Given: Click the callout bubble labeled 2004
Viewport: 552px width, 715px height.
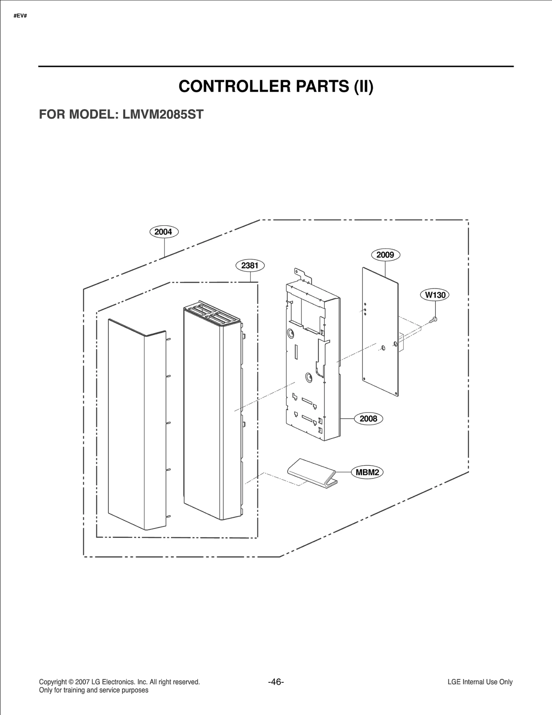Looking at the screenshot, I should pos(164,232).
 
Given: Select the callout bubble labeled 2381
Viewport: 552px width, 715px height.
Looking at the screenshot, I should pos(250,265).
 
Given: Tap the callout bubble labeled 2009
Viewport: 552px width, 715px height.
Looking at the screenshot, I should pos(385,255).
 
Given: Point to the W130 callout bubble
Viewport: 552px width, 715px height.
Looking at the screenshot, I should pos(435,295).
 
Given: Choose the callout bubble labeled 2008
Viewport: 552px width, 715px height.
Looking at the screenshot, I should pos(368,419).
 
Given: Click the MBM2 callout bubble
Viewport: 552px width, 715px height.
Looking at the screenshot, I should pos(367,472).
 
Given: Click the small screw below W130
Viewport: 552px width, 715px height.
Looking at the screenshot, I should pos(434,320).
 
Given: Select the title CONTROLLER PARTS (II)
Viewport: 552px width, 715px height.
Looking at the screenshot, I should pos(276,86).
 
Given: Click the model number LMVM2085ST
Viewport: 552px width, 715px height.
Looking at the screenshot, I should pos(163,114).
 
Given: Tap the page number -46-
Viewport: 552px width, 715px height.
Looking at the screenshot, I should pos(276,682).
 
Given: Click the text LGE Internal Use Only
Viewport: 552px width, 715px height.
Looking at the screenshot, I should pos(480,682).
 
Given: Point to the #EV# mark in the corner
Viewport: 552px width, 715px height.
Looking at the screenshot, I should pos(20,16).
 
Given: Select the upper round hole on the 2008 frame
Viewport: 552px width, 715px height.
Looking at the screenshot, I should pos(291,333).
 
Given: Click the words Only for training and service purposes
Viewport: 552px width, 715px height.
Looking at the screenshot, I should pos(93,690).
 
